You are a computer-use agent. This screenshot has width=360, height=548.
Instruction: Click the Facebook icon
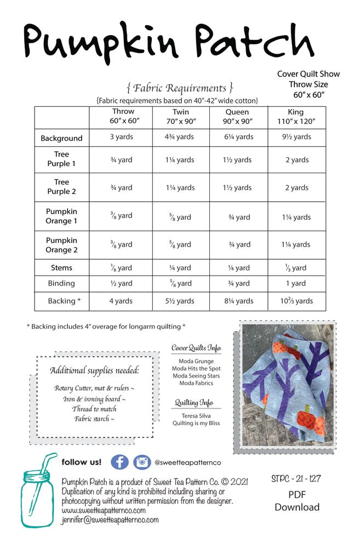tap(119, 462)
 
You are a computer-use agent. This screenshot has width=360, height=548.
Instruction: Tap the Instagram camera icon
tap(142, 462)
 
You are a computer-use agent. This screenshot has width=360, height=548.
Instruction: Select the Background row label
tap(61, 138)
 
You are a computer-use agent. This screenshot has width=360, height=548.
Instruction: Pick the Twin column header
tap(181, 117)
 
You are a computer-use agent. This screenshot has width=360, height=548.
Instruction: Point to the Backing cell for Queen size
tap(239, 301)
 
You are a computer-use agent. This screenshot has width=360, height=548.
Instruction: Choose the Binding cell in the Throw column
tap(121, 283)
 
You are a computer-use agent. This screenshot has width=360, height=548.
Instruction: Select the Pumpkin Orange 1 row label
tap(61, 216)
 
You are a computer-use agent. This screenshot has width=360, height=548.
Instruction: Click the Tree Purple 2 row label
tap(61, 187)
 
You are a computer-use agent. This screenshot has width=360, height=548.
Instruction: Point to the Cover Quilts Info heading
tap(196, 348)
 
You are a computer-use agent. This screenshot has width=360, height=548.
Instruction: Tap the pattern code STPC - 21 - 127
tap(296, 479)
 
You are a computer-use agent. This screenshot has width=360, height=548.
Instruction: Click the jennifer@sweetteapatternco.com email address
tap(110, 520)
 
